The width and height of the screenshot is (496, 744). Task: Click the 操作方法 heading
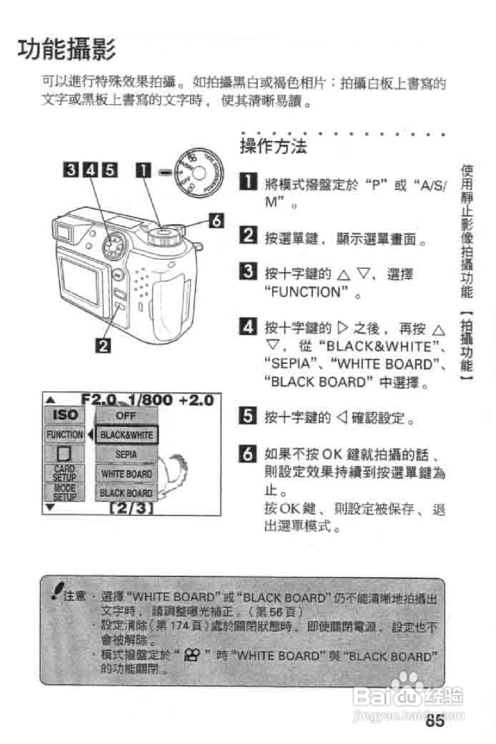[273, 146]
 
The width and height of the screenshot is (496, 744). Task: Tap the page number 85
[435, 721]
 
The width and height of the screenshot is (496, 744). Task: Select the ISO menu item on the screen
[65, 415]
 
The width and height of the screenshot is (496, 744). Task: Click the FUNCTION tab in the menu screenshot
[65, 434]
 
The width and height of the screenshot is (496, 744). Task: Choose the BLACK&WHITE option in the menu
[126, 435]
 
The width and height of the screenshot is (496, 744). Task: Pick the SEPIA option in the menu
[126, 454]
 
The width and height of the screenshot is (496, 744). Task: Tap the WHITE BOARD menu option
[126, 473]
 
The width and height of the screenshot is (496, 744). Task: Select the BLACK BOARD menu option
[126, 493]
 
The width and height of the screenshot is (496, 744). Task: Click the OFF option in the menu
[126, 415]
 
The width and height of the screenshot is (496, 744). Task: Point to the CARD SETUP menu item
[64, 473]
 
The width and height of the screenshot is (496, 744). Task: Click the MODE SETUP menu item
[64, 492]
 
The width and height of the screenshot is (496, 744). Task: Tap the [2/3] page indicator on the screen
[131, 508]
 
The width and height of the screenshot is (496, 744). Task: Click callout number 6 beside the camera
[216, 220]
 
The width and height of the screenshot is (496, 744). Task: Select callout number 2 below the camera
[103, 345]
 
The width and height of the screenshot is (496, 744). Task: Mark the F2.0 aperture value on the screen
[99, 399]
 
